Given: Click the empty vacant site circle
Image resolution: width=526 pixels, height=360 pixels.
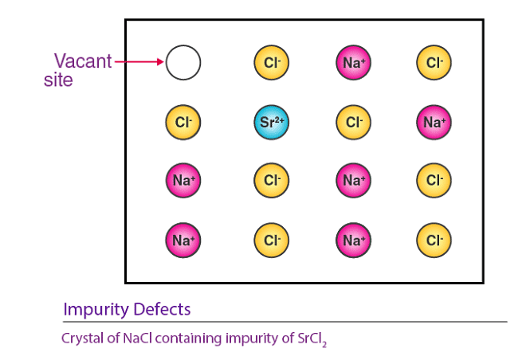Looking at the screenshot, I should (x=183, y=62).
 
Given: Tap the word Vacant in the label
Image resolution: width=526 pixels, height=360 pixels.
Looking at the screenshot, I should (x=84, y=61).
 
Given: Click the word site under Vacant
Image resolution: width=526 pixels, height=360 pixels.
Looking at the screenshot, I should (x=58, y=80).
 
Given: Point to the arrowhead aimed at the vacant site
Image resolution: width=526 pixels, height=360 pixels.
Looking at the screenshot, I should (x=160, y=62).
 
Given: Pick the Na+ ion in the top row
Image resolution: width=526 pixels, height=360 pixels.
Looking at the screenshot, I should (x=353, y=62).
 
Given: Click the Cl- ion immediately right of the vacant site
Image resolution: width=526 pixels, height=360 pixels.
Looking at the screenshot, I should (x=272, y=62).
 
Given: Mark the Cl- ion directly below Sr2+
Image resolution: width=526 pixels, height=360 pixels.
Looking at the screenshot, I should (x=272, y=180).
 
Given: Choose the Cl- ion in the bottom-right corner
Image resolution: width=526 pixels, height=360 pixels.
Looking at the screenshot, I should (x=434, y=238).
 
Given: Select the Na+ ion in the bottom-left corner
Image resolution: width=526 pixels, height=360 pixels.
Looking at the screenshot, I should (x=183, y=238).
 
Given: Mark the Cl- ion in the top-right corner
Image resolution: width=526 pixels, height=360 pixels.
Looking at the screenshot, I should (x=434, y=62).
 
